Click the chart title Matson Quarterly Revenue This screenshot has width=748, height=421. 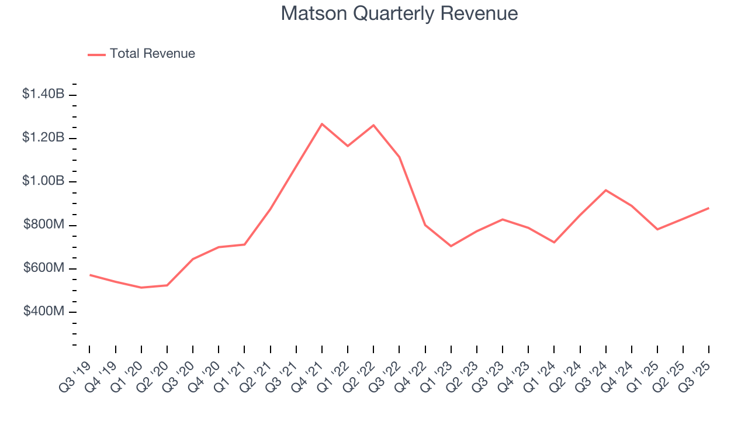tap(399, 13)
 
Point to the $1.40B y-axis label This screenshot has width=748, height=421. tap(43, 94)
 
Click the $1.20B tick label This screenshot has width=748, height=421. tap(43, 137)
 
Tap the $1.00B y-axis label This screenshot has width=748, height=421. tap(43, 181)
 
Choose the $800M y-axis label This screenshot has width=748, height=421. tap(43, 225)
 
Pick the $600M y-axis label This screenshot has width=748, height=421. tap(43, 268)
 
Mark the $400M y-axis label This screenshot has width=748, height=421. tap(43, 312)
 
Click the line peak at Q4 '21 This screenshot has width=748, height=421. tap(321, 124)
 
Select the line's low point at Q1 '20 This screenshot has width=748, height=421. tap(141, 288)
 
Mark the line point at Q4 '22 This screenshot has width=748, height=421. tap(425, 225)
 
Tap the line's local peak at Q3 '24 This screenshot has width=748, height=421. tap(605, 190)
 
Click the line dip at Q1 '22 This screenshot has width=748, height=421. tap(348, 146)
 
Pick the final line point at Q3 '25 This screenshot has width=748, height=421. tap(709, 208)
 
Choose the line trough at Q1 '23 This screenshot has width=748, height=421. tap(451, 246)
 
